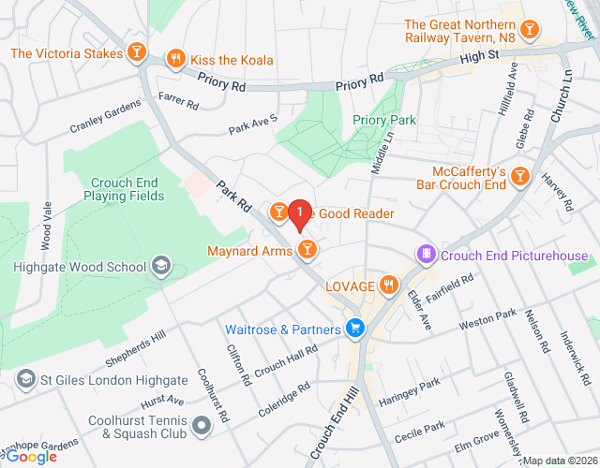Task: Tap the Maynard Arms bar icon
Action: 306,249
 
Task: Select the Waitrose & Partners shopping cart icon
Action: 354,329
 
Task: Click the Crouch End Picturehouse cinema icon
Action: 427,255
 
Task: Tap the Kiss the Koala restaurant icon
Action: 175,59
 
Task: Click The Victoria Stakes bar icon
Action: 137,51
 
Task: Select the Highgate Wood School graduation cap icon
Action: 160,267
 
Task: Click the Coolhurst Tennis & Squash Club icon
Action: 201,427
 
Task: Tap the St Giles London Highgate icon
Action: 25,380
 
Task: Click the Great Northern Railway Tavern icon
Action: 530,31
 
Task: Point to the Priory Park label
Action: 383,120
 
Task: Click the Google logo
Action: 33,456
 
